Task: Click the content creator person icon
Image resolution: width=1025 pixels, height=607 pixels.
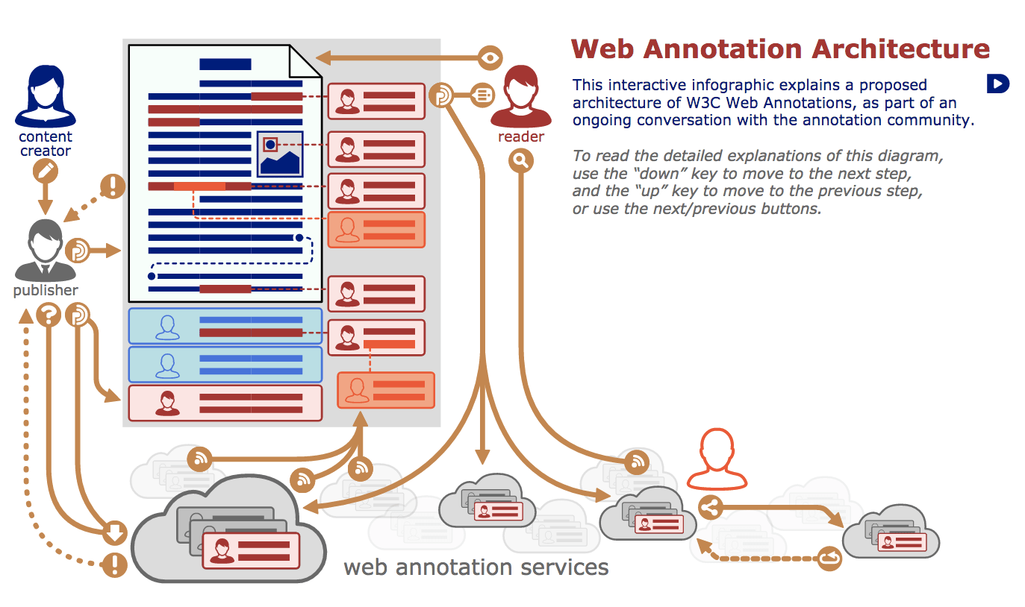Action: pos(45,95)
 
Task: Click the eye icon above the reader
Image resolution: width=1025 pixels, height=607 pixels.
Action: pos(490,57)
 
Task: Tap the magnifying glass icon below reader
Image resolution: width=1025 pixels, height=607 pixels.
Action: pos(521,160)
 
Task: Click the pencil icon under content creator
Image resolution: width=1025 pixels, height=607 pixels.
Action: pos(46,172)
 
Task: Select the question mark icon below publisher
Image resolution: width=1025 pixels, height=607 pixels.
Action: pos(48,315)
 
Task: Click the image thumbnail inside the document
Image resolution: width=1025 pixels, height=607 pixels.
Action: pos(279,154)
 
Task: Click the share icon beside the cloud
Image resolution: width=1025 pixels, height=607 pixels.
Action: pos(710,509)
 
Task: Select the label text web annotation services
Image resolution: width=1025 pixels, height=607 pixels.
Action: pos(476,567)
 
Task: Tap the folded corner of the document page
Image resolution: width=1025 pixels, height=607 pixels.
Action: pos(307,61)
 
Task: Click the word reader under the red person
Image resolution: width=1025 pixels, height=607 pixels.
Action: pos(520,137)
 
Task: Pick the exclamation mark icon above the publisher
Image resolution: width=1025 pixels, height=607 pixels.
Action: pos(113,186)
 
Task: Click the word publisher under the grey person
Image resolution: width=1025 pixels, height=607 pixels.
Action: pos(45,291)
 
